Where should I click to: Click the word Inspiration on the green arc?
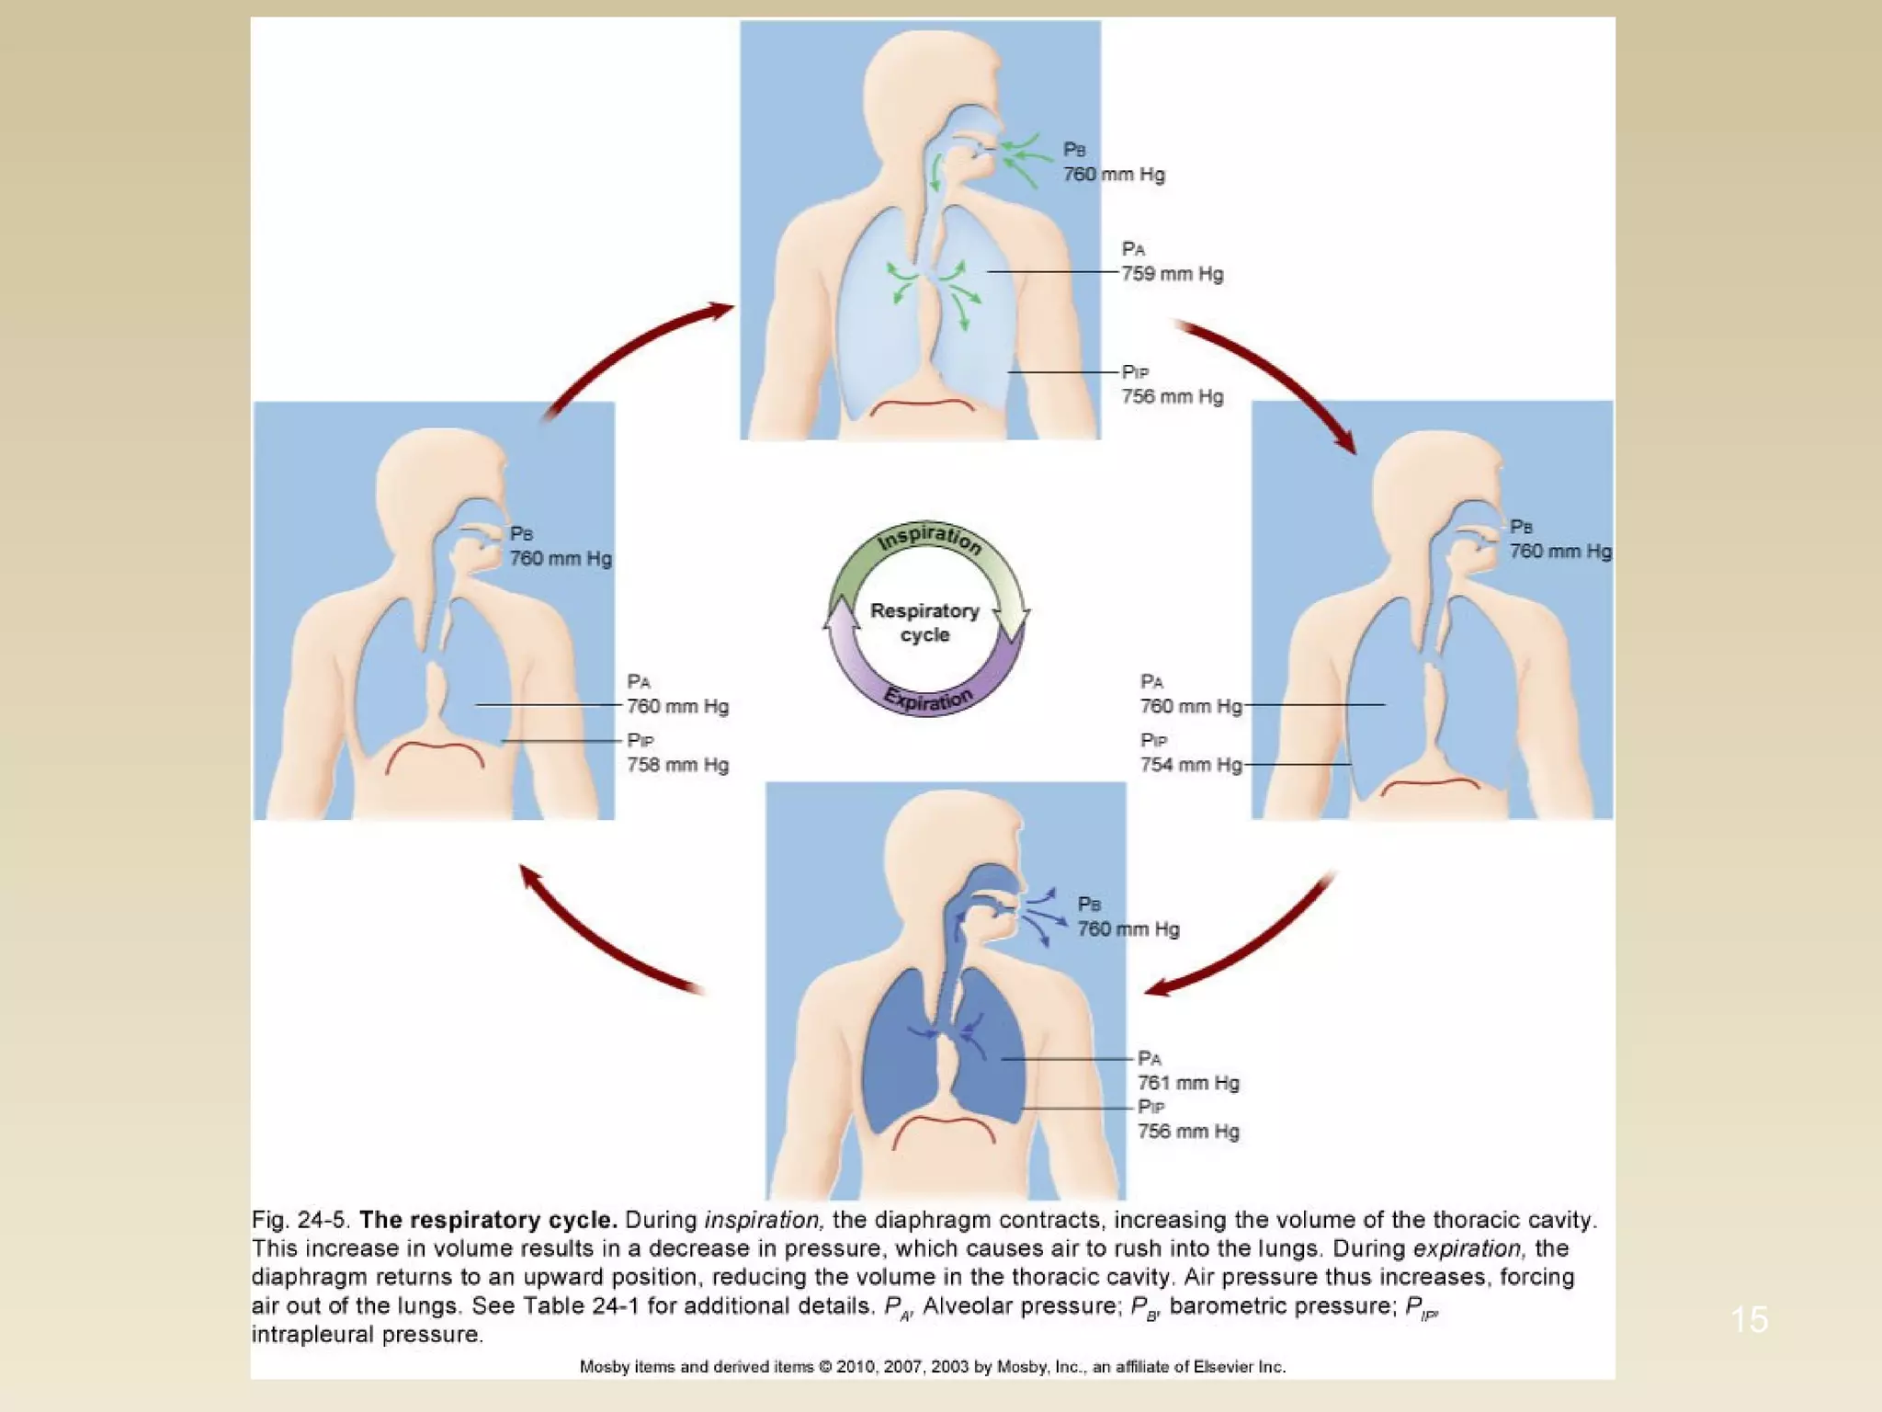928,538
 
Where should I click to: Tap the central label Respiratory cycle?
924,622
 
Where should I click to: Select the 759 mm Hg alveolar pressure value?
1172,274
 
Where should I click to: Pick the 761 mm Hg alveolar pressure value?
1188,1083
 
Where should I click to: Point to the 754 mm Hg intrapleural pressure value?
1190,765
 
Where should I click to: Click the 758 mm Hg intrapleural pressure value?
677,765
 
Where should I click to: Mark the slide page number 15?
1749,1320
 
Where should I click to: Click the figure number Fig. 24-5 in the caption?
300,1221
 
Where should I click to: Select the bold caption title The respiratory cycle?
487,1221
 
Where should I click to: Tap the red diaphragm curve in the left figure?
435,749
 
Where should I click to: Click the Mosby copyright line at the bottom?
932,1367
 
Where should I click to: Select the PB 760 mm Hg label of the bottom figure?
1128,917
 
